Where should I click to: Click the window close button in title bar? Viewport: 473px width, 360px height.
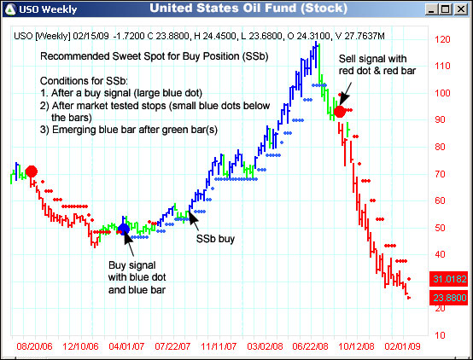[x=461, y=9]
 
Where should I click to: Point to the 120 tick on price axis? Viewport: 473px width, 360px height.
[x=442, y=40]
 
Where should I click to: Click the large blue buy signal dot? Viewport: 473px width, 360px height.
[x=123, y=229]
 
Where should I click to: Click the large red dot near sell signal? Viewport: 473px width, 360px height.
[x=341, y=111]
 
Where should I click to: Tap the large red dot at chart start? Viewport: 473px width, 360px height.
[x=32, y=171]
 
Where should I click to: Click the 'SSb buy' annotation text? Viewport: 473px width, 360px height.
[x=216, y=240]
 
